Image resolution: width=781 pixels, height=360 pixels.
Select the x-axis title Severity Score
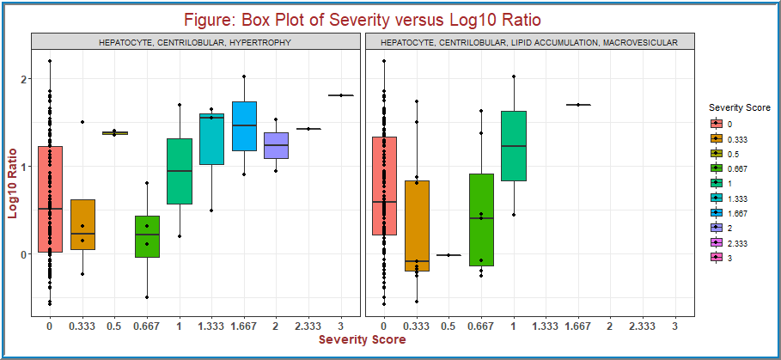pyautogui.click(x=362, y=340)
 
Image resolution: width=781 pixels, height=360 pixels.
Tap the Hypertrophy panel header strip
pyautogui.click(x=195, y=41)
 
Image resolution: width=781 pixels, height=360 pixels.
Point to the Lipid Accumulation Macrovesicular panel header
pyautogui.click(x=528, y=41)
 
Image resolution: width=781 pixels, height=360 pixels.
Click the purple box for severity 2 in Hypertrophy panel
pyautogui.click(x=276, y=145)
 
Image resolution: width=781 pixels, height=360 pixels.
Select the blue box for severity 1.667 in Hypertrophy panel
pyautogui.click(x=244, y=126)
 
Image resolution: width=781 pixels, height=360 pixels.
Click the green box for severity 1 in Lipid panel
pyautogui.click(x=513, y=146)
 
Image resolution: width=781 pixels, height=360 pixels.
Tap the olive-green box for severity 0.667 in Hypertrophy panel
pyautogui.click(x=147, y=236)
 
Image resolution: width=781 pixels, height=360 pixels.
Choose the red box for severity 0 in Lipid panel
pyautogui.click(x=383, y=186)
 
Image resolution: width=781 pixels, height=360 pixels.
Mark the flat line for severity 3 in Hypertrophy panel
pyautogui.click(x=340, y=95)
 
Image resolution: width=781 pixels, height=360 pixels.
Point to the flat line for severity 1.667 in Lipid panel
pyautogui.click(x=578, y=105)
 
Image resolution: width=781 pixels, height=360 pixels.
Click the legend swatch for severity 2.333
pyautogui.click(x=716, y=243)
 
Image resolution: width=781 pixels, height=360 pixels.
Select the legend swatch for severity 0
pyautogui.click(x=716, y=124)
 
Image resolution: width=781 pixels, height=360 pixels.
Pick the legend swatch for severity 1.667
pyautogui.click(x=716, y=213)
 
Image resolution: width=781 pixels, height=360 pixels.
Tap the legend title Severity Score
pyautogui.click(x=733, y=107)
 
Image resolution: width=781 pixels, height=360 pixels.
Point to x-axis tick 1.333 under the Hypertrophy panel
pyautogui.click(x=211, y=326)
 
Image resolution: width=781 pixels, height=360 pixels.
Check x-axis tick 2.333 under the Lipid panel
pyautogui.click(x=643, y=326)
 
